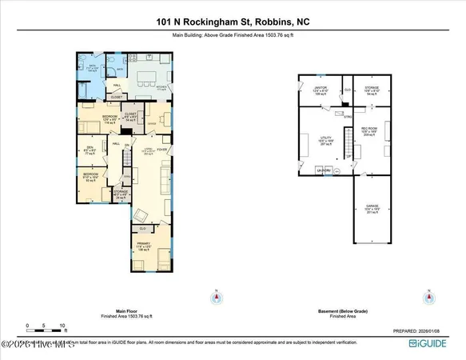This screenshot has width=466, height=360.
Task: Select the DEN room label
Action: tap(90, 149)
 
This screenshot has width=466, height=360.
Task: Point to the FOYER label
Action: tap(161, 149)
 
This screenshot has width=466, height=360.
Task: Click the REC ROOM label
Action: tap(368, 128)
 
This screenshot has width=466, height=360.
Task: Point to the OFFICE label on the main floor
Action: tap(150, 124)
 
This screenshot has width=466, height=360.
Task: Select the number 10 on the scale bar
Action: tap(62, 326)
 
